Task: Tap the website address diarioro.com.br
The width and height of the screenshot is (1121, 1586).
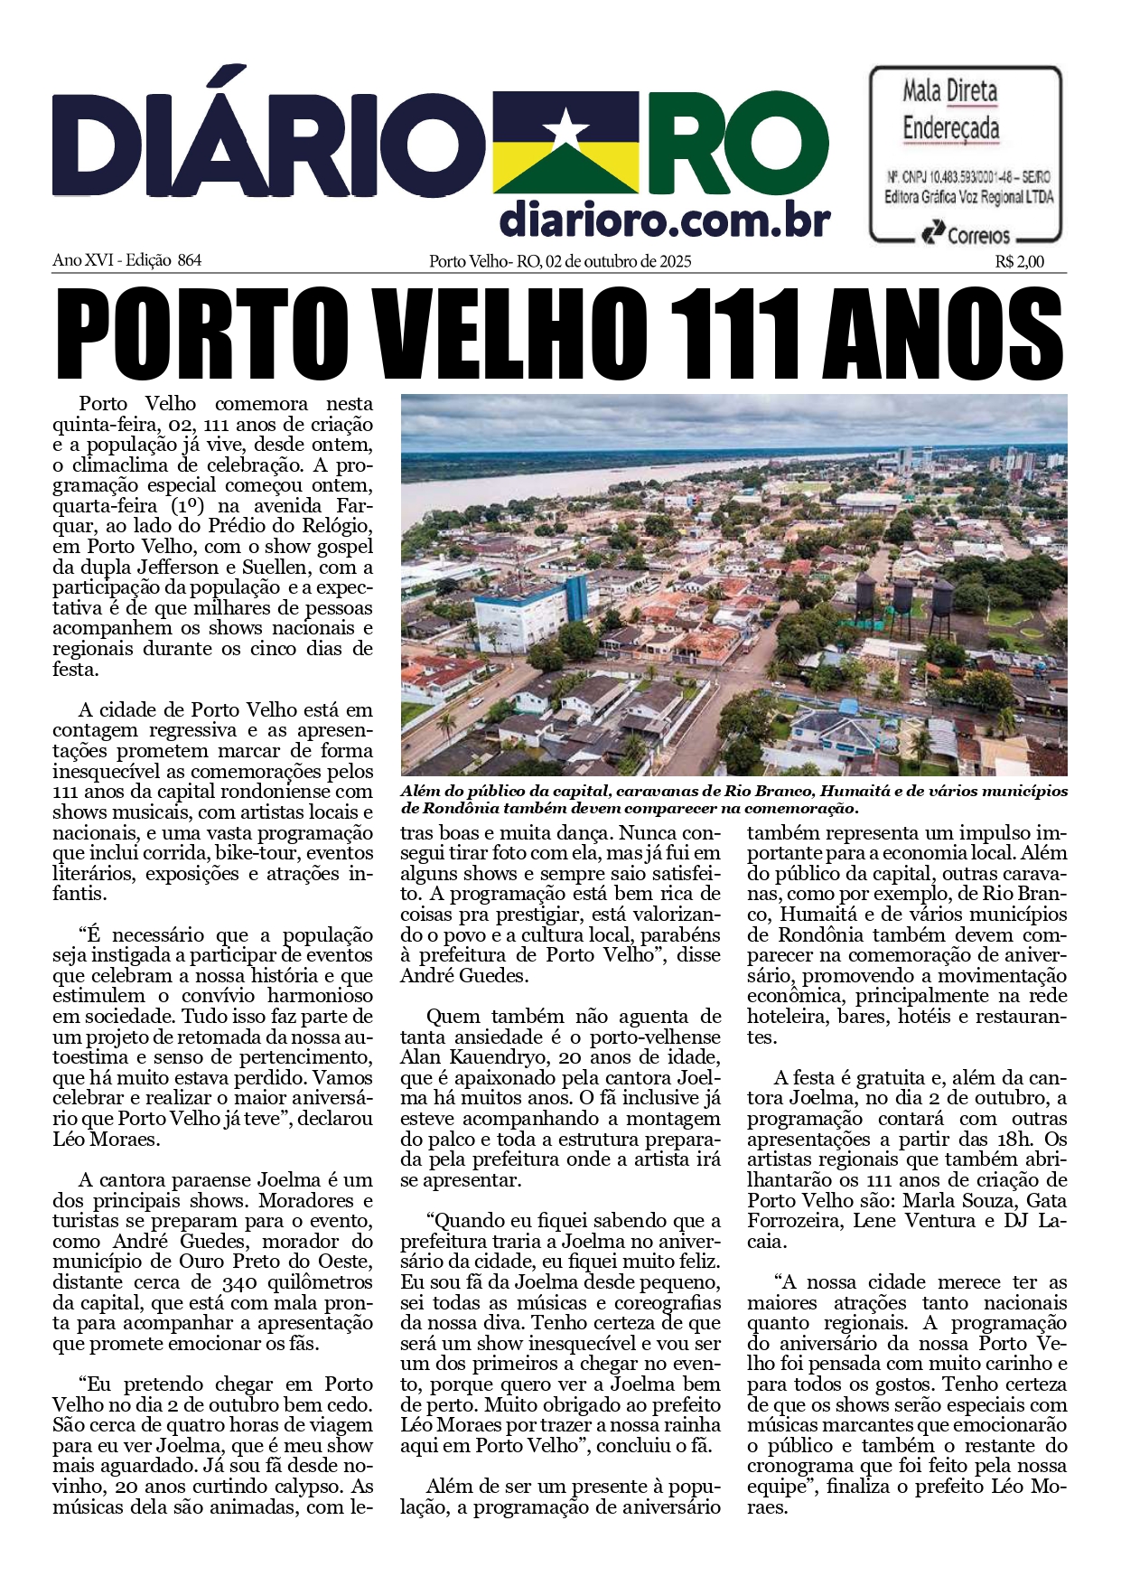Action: tap(665, 220)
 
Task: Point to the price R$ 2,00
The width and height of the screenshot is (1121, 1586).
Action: tap(1020, 262)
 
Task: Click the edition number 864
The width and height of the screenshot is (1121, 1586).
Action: tap(190, 260)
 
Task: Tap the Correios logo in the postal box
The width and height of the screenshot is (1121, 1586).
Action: tap(966, 235)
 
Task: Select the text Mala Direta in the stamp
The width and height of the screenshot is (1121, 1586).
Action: tap(950, 91)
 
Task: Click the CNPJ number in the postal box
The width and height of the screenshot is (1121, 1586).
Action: tap(962, 177)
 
